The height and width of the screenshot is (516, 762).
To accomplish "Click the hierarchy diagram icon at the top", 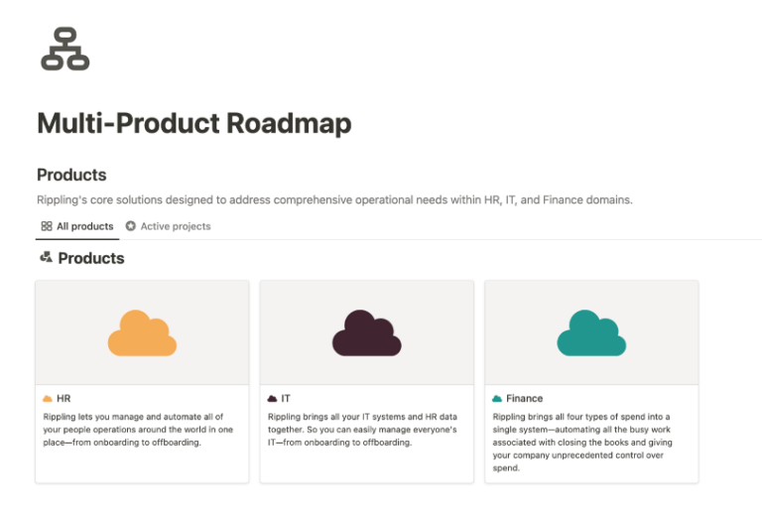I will point(64,49).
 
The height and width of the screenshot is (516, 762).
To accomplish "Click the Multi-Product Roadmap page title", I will point(194,123).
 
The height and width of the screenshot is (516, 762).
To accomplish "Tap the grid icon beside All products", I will point(47,226).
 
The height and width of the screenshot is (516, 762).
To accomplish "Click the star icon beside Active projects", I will point(131,226).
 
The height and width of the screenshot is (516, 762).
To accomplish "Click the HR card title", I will point(63,398).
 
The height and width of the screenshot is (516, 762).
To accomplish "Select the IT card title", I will point(286,398).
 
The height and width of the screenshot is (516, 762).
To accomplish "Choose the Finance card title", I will point(524,398).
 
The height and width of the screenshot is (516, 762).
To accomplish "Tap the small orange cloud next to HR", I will point(48,398).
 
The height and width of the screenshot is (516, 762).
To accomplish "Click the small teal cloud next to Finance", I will point(497,398).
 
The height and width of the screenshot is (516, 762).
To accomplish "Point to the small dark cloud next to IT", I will point(273,398).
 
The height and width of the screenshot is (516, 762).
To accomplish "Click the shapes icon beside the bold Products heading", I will point(46,258).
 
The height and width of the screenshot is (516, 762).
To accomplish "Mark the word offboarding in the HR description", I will point(177,443).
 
